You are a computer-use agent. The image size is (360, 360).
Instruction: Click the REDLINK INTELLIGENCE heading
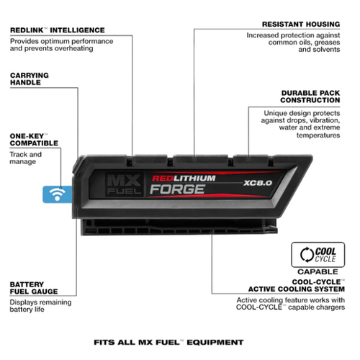pos(58,30)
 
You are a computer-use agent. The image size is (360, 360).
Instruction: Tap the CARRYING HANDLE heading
pos(30,78)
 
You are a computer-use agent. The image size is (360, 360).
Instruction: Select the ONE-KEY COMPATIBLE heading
pos(34,140)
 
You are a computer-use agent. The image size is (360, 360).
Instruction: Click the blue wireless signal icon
pos(58,194)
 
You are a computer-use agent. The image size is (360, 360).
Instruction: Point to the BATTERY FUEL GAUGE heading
pos(34,288)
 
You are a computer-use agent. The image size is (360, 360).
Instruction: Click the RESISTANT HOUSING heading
pos(301,24)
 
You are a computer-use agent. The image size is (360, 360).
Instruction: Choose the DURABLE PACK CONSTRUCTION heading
pos(310,96)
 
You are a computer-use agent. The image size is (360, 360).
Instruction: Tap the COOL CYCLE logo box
pos(318,255)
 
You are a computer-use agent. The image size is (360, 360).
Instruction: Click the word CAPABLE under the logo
pos(318,271)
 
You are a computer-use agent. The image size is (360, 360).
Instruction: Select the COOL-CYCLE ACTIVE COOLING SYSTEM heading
pos(297,286)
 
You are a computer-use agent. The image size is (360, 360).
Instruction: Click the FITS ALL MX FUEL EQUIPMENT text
pos(168,342)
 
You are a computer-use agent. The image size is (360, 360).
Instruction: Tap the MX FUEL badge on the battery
pos(124,184)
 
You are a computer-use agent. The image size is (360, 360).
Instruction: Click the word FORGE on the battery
pos(178,189)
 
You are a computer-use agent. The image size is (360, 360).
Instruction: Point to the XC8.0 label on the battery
pos(258,183)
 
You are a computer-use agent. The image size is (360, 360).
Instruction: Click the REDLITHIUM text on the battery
pos(184,179)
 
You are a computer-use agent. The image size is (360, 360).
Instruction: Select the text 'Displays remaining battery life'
pos(40,306)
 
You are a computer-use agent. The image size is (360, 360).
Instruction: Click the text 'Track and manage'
pos(25,158)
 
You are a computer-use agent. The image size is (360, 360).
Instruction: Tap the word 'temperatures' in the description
pos(318,135)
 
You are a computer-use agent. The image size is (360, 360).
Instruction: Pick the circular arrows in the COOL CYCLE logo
pos(307,255)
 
